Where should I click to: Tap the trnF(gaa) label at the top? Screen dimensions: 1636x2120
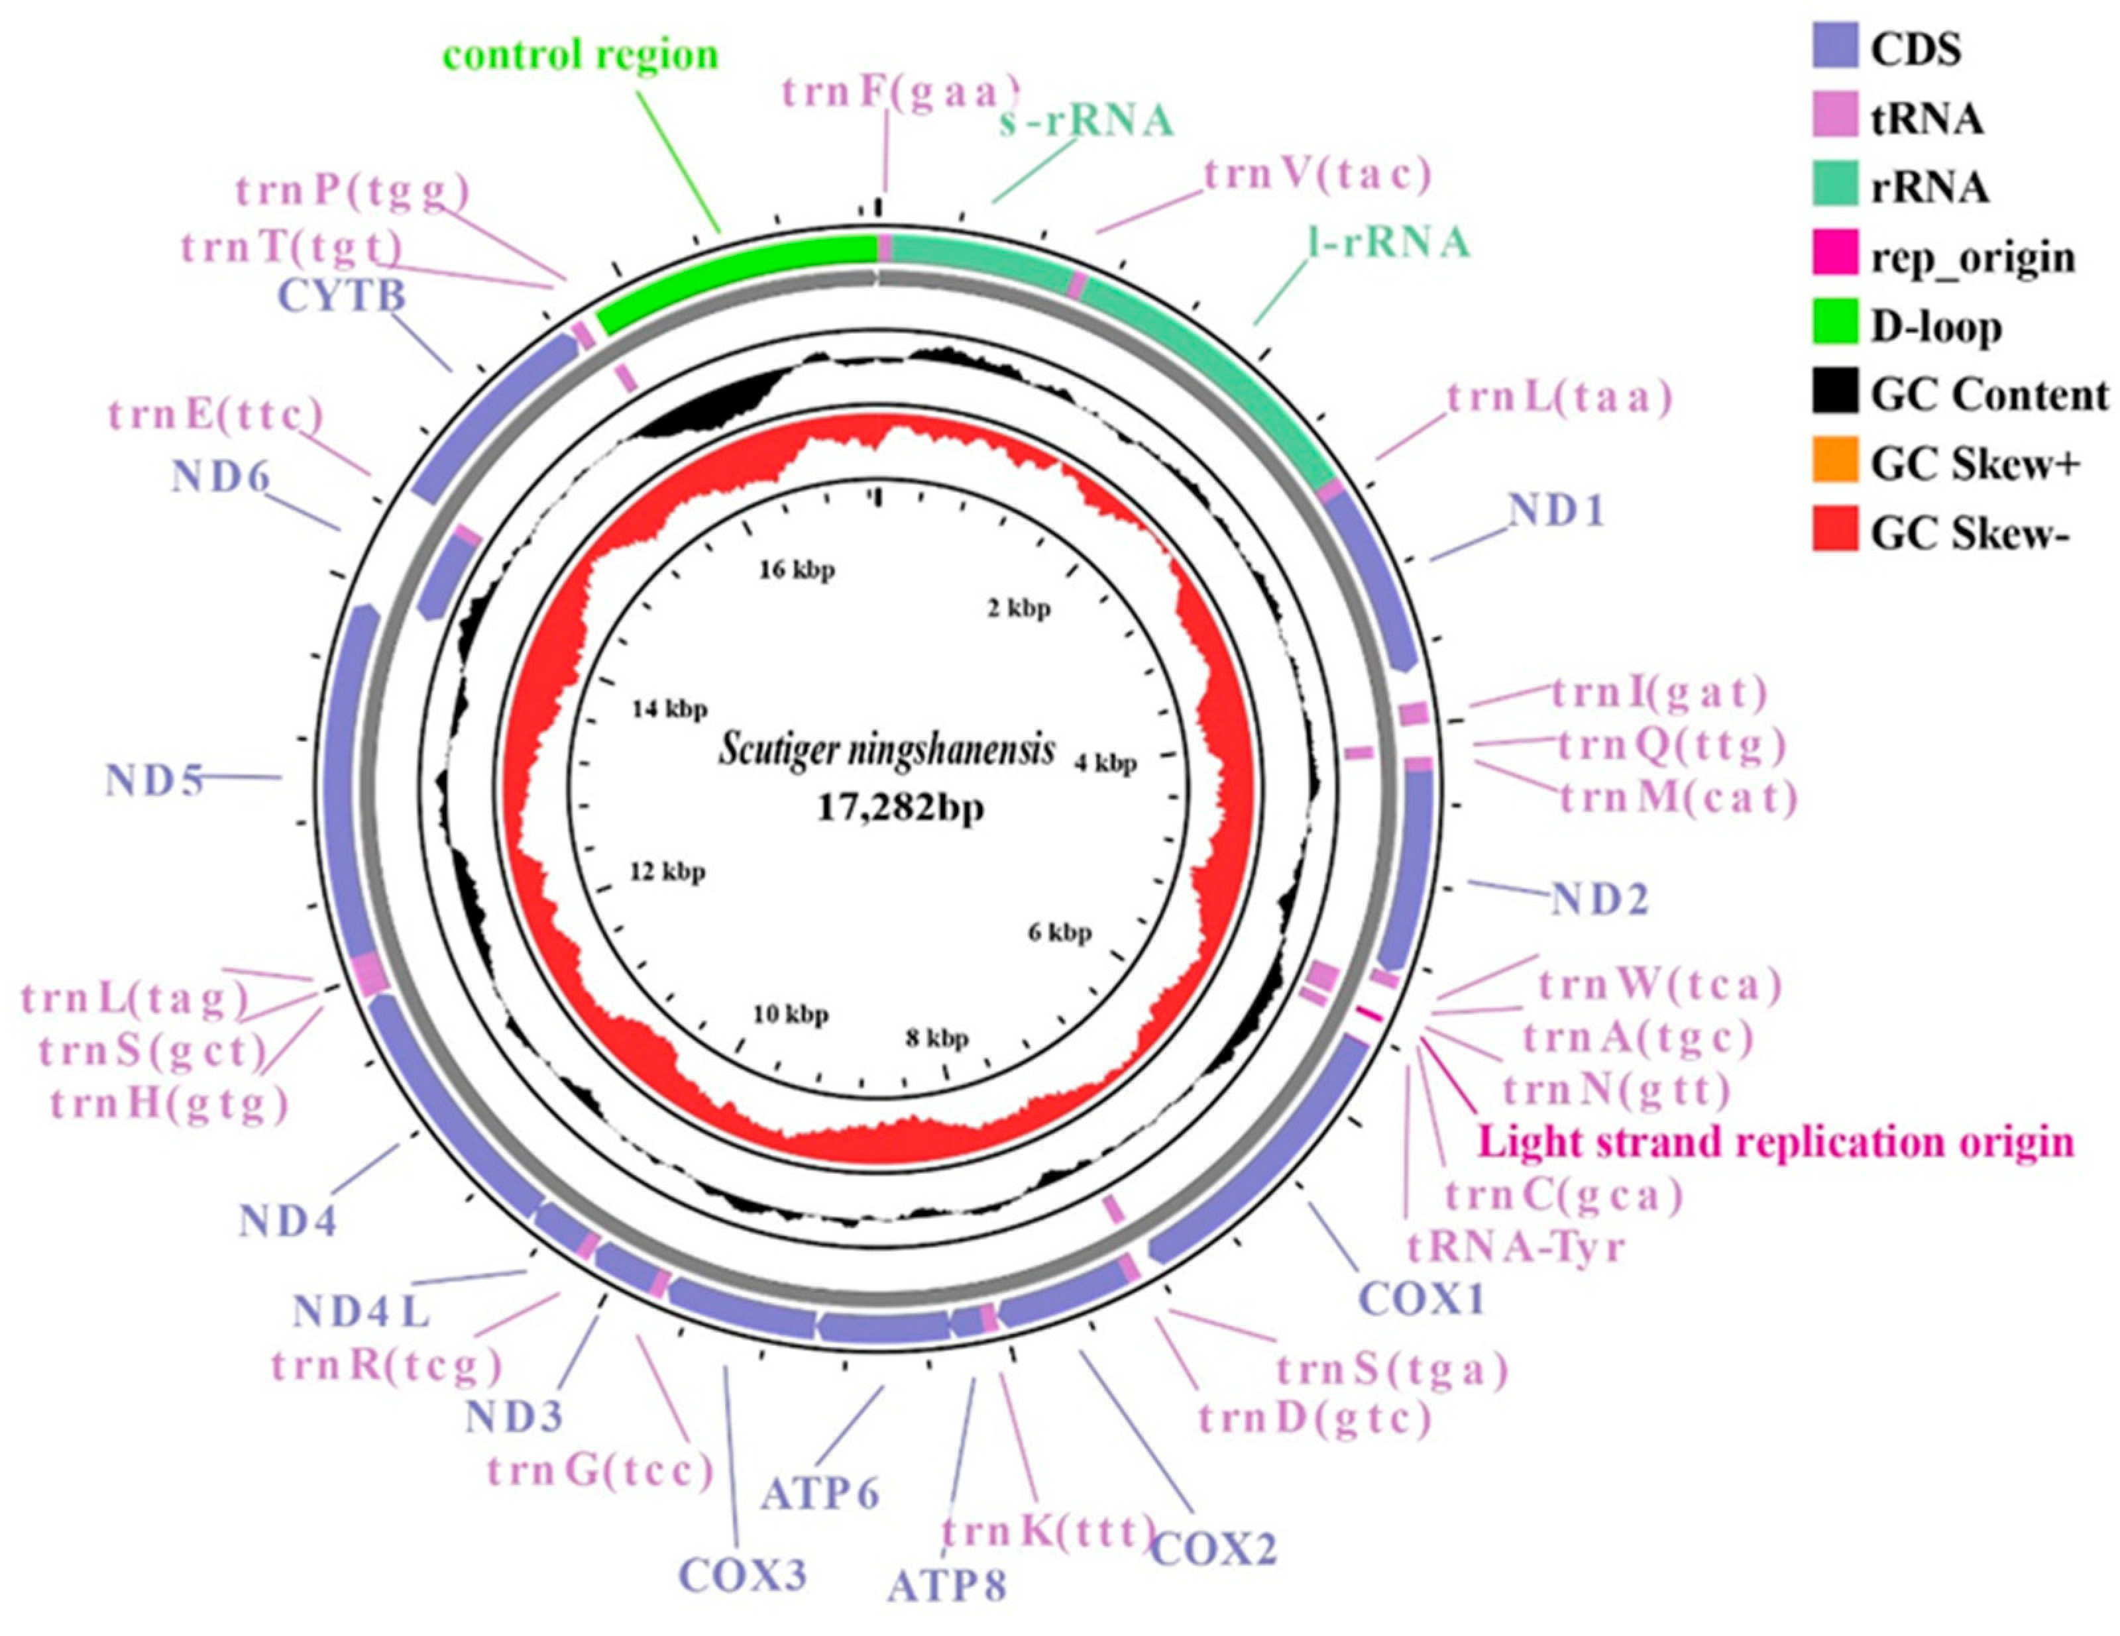pyautogui.click(x=900, y=93)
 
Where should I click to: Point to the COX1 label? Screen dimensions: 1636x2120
pyautogui.click(x=1421, y=1298)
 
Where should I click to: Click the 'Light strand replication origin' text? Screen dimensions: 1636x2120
pyautogui.click(x=1775, y=1142)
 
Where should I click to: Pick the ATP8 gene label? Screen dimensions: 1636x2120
pyautogui.click(x=946, y=1586)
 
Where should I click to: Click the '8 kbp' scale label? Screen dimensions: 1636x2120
pyautogui.click(x=936, y=1039)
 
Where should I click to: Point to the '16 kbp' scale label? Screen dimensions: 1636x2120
pyautogui.click(x=796, y=570)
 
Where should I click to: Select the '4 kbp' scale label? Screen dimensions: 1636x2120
pyautogui.click(x=1105, y=764)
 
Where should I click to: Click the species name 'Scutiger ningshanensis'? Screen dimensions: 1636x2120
pyautogui.click(x=886, y=751)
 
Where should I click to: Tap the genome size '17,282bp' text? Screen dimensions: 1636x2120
pyautogui.click(x=900, y=806)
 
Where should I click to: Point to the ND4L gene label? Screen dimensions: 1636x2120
pyautogui.click(x=361, y=1313)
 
